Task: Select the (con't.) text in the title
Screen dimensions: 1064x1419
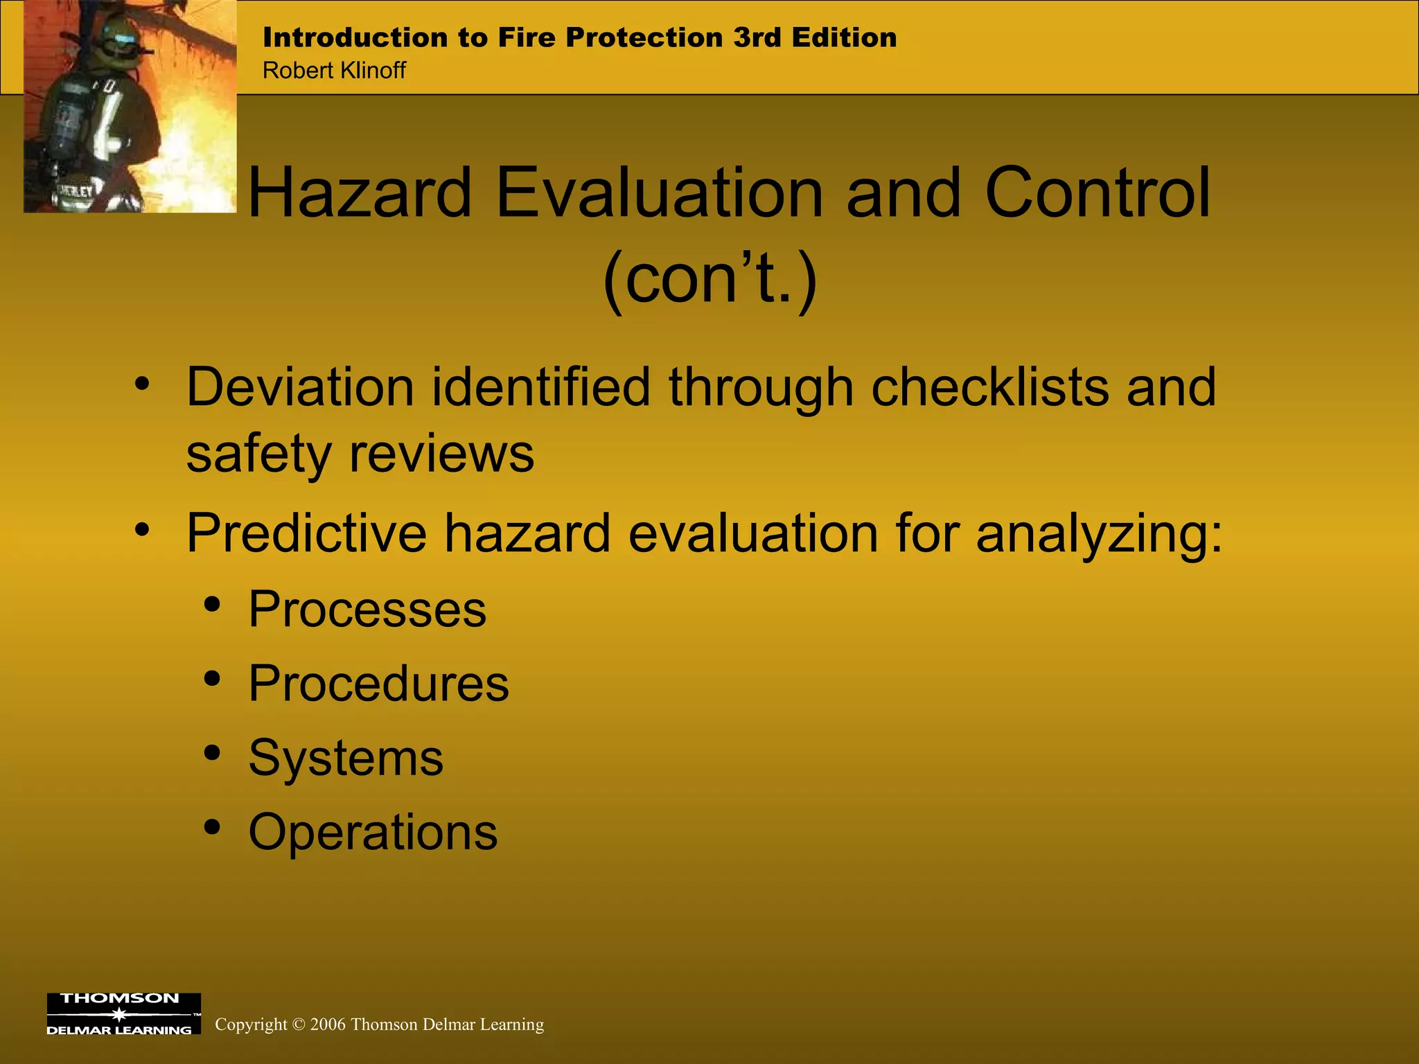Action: (710, 278)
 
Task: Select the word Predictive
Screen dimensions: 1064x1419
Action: (306, 533)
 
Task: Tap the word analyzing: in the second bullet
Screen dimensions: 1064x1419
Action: (1100, 534)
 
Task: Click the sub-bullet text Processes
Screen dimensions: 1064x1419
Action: (367, 610)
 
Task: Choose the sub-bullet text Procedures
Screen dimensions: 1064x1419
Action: (378, 684)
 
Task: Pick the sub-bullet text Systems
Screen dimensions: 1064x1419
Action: (346, 758)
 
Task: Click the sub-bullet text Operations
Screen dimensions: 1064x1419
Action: (373, 831)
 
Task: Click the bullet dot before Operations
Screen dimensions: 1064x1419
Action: (213, 826)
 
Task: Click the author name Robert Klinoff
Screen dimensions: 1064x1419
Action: (334, 70)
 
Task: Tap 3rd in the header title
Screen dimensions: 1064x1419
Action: (757, 37)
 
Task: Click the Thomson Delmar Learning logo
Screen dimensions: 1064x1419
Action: (123, 1013)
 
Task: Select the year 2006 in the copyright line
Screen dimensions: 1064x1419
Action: (328, 1025)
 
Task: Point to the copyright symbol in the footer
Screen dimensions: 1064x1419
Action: (299, 1025)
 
